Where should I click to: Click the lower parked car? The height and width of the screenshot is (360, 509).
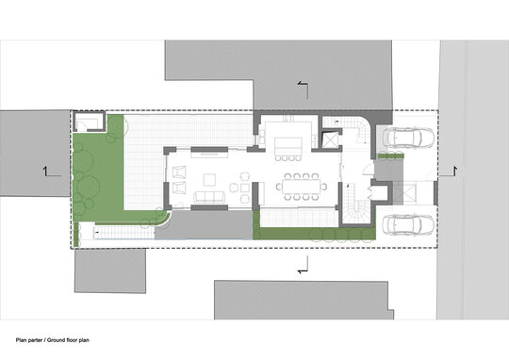tap(409, 225)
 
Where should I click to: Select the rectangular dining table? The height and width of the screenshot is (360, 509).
tap(301, 187)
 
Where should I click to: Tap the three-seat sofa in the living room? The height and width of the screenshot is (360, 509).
tap(209, 197)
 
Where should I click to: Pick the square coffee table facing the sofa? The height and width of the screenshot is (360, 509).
tap(209, 179)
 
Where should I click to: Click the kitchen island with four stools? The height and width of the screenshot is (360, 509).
tap(288, 146)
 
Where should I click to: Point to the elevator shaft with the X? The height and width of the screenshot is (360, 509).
tap(330, 139)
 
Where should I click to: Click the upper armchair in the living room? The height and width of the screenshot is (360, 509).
tap(179, 172)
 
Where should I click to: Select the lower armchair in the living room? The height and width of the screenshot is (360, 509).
tap(179, 188)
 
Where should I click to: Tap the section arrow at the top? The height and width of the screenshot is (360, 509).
tap(303, 90)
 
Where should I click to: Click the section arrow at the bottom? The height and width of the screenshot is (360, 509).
tap(303, 265)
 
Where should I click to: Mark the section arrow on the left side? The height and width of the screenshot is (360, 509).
tap(51, 172)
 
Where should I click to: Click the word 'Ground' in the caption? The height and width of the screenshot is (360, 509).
tap(56, 340)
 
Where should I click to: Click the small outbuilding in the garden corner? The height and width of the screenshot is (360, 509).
tap(89, 122)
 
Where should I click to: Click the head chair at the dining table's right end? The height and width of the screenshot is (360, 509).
tap(323, 187)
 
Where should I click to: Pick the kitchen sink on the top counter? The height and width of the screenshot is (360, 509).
tap(287, 119)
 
